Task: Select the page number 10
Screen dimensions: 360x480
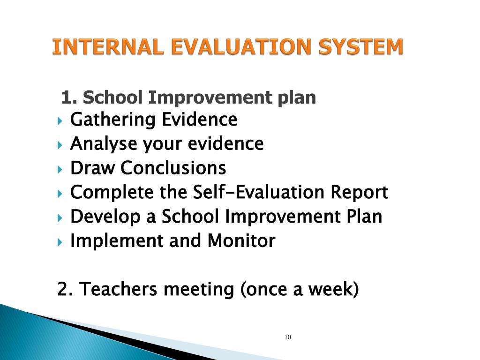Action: tap(288, 337)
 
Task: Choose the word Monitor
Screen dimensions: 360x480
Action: tap(241, 241)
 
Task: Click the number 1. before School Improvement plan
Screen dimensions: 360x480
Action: tap(68, 98)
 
